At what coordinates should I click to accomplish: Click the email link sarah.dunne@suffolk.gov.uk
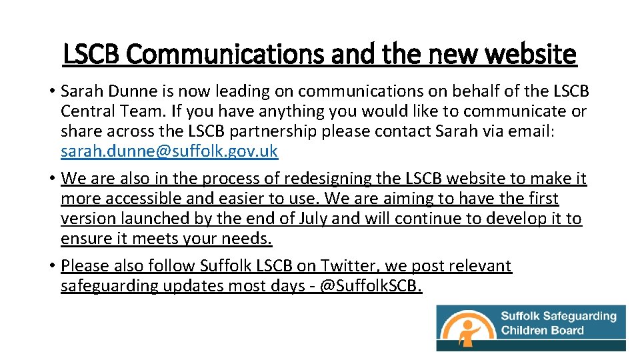click(x=169, y=151)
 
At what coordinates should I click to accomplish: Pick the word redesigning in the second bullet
click(x=329, y=179)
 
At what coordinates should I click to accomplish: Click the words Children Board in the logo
click(x=542, y=330)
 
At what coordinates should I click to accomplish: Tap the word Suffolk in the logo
click(x=520, y=315)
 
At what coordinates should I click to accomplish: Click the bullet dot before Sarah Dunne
click(x=51, y=91)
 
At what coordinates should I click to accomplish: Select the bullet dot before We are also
click(x=51, y=179)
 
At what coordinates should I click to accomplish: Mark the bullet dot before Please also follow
click(x=51, y=267)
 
